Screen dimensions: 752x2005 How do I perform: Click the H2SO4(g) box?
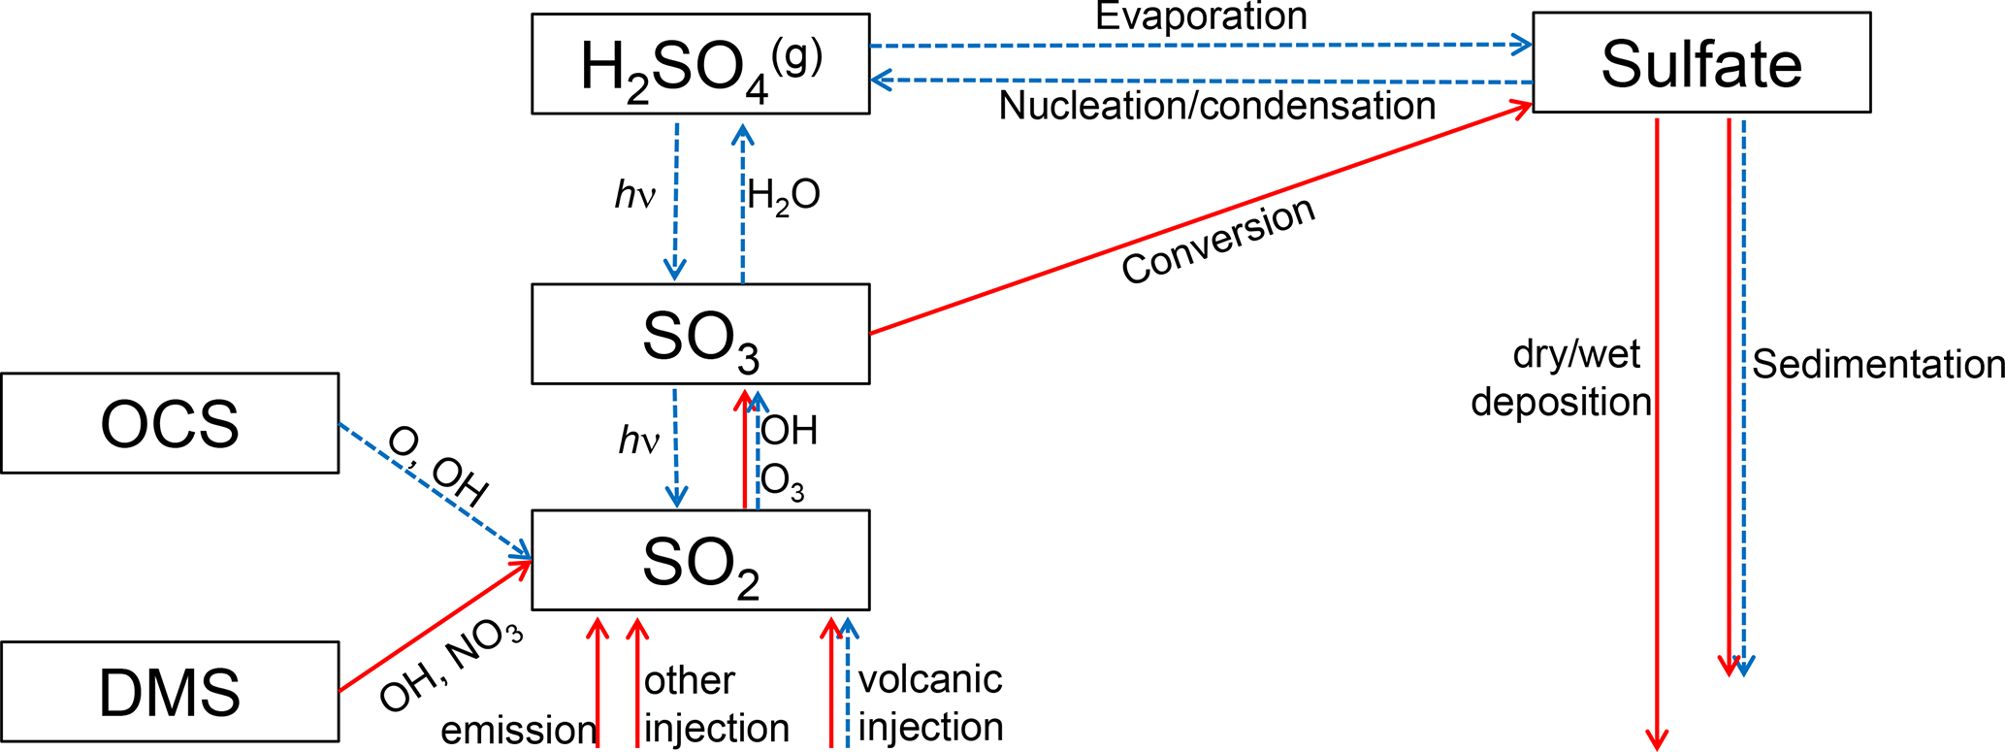point(700,64)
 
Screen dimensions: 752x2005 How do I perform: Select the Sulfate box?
point(1700,63)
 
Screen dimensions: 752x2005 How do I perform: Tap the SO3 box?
point(700,334)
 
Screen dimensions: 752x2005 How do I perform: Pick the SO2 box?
point(700,560)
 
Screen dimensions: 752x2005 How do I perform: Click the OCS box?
point(170,423)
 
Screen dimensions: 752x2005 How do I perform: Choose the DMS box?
point(170,692)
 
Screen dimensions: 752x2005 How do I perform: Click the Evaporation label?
point(1201,16)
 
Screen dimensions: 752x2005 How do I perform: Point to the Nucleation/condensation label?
point(1216,106)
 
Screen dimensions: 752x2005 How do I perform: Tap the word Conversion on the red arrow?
point(1218,241)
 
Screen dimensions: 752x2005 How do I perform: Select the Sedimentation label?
point(1878,365)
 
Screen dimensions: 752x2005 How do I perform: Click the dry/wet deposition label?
point(1562,378)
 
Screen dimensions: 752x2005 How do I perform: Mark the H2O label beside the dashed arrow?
point(784,196)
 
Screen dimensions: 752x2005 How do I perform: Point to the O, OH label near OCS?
point(437,466)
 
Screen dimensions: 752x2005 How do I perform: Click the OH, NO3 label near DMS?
point(450,667)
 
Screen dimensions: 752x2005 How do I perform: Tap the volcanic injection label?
point(930,703)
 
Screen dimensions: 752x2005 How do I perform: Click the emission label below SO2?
point(518,730)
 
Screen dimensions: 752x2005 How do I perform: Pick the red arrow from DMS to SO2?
point(435,626)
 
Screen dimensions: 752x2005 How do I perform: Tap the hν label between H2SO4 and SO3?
point(635,196)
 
